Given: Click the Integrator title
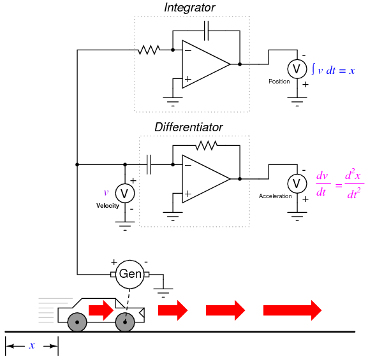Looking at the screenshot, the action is (189, 8).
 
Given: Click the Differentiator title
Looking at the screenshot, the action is (188, 127).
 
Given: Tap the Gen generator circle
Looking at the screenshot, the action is (129, 274).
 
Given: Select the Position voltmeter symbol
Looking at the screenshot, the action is (297, 69).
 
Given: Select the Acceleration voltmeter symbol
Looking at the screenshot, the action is (297, 184).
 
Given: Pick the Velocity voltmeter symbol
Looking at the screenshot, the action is (125, 194).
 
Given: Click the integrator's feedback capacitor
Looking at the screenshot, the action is (206, 31).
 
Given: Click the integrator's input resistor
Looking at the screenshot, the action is (149, 50).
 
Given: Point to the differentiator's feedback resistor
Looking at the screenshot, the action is (206, 146).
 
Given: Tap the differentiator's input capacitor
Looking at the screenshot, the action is (149, 164).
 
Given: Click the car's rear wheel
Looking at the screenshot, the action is (77, 322).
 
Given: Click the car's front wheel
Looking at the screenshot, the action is (125, 322).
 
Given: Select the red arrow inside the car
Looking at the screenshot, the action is (101, 310).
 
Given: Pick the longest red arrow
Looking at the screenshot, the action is (293, 310).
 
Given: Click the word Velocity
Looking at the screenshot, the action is (108, 206).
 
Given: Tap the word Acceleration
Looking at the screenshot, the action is (276, 196).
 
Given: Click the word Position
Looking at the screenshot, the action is (279, 82).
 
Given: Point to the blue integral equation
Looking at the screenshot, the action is (333, 69).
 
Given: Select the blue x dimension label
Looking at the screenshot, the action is (32, 345).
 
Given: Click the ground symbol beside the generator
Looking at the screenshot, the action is (163, 293).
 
